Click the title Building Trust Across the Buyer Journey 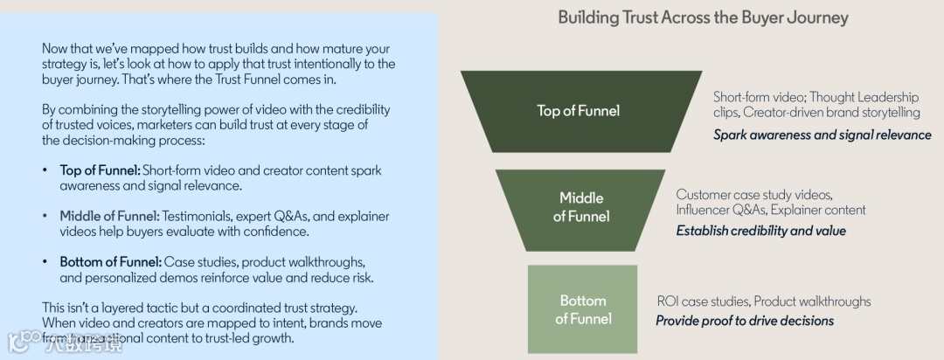(703, 17)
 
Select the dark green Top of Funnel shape (578, 111)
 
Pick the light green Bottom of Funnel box (582, 309)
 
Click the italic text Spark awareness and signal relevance (822, 135)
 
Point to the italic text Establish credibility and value (760, 231)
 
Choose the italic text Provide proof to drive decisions (745, 321)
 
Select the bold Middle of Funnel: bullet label (110, 216)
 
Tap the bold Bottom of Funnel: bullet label (111, 262)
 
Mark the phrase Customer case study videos (754, 194)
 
